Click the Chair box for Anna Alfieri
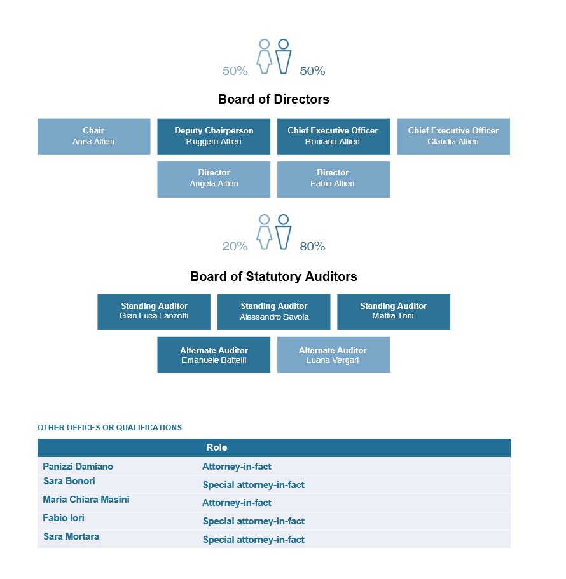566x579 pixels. point(94,137)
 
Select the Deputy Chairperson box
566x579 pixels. point(214,137)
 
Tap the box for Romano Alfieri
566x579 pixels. point(334,137)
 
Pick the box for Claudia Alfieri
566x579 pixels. point(453,137)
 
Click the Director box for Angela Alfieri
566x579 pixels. point(214,179)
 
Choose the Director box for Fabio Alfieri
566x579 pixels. point(334,179)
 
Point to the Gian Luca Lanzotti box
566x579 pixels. point(154,312)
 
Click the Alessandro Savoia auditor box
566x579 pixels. point(273,312)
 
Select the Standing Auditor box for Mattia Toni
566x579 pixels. point(394,312)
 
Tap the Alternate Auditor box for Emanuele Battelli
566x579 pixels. point(214,355)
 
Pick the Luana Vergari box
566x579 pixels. point(334,355)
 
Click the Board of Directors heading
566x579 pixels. point(273,99)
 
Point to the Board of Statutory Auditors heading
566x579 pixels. point(273,276)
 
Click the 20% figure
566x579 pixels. point(235,247)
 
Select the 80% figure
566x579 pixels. point(312,247)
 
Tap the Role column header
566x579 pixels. point(216,447)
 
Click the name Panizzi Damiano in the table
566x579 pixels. point(78,467)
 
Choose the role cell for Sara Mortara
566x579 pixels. point(254,540)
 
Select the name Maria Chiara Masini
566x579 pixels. point(86,500)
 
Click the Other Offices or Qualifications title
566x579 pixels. point(110,428)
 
